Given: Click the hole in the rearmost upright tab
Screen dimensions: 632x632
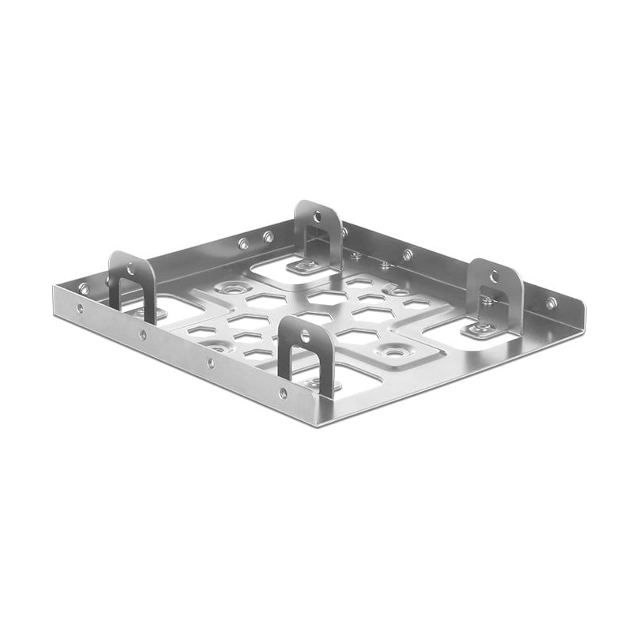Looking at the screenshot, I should pyautogui.click(x=318, y=214).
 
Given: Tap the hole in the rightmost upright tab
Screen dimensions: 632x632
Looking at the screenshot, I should pyautogui.click(x=495, y=277).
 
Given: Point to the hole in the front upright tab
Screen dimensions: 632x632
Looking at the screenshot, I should pyautogui.click(x=306, y=337).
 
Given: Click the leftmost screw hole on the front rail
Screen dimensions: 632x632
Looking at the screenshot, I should pyautogui.click(x=80, y=309).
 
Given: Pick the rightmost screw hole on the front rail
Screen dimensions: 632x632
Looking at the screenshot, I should pyautogui.click(x=283, y=393).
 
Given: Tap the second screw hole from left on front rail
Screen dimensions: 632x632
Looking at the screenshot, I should pyautogui.click(x=143, y=335).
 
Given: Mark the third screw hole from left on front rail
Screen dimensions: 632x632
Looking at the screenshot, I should pyautogui.click(x=210, y=363).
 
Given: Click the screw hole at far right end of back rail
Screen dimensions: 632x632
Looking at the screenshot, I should pyautogui.click(x=551, y=302).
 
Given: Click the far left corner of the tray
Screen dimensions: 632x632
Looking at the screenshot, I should pyautogui.click(x=54, y=287).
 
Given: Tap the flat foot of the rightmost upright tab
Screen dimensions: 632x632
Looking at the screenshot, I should pyautogui.click(x=479, y=328).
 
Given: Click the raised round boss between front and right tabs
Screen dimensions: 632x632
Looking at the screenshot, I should pyautogui.click(x=392, y=350).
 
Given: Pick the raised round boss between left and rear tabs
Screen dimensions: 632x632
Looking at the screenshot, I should pyautogui.click(x=230, y=290).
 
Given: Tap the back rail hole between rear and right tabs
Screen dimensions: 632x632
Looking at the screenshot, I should pyautogui.click(x=408, y=255).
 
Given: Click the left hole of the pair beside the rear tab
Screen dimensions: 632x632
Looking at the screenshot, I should pyautogui.click(x=243, y=244).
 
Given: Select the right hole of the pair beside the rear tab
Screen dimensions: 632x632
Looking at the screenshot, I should pyautogui.click(x=269, y=236).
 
